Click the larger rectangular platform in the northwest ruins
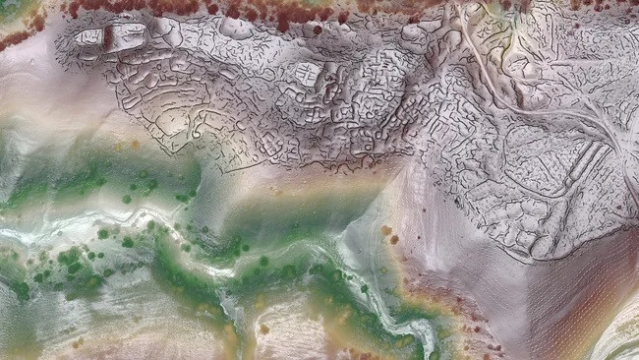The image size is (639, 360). coord(129,36)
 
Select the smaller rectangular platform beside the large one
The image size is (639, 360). coord(90,37)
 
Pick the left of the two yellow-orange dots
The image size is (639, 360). coord(117,146)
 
